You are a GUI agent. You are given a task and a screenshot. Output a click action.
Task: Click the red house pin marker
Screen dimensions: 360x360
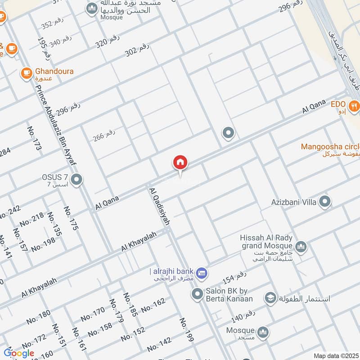pos(180,163)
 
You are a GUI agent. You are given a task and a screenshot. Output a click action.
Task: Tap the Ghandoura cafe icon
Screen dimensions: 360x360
pos(27,72)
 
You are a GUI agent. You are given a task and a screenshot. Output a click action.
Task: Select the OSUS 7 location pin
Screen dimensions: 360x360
pos(77,180)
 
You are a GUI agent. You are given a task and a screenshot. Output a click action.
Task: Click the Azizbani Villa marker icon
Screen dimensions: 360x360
pos(324,202)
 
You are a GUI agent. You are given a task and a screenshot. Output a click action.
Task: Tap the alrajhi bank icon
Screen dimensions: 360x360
pos(202,271)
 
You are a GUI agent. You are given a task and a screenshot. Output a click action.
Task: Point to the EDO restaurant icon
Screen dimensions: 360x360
pos(355,106)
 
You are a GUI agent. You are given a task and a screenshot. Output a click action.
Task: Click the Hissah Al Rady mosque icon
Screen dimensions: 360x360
pos(301,246)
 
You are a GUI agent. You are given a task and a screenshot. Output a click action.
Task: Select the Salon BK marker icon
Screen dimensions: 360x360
pos(197,295)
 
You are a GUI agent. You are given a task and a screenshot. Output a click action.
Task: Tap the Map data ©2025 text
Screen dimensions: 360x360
pos(335,355)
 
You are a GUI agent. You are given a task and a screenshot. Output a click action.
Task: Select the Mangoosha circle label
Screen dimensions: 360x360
pos(330,147)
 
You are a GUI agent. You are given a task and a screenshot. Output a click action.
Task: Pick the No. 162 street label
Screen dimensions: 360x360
pos(153,306)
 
